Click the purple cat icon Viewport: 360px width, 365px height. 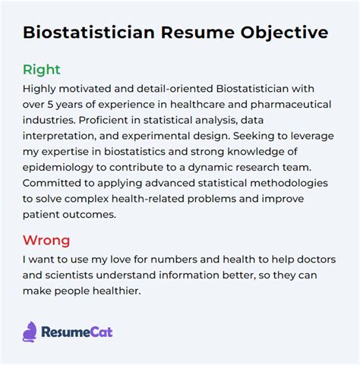(x=31, y=331)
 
